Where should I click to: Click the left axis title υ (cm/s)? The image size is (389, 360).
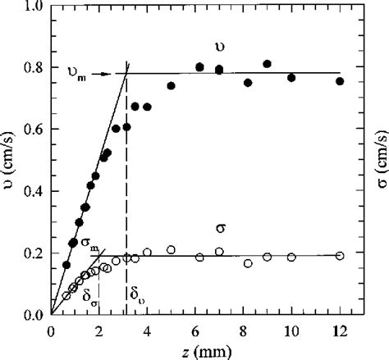[x=9, y=160]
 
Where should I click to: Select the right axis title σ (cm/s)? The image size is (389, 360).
[x=378, y=160]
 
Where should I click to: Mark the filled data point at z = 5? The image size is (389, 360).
[x=171, y=85]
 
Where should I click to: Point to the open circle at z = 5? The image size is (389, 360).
[x=171, y=249]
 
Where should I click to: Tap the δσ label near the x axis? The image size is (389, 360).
[x=89, y=298]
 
